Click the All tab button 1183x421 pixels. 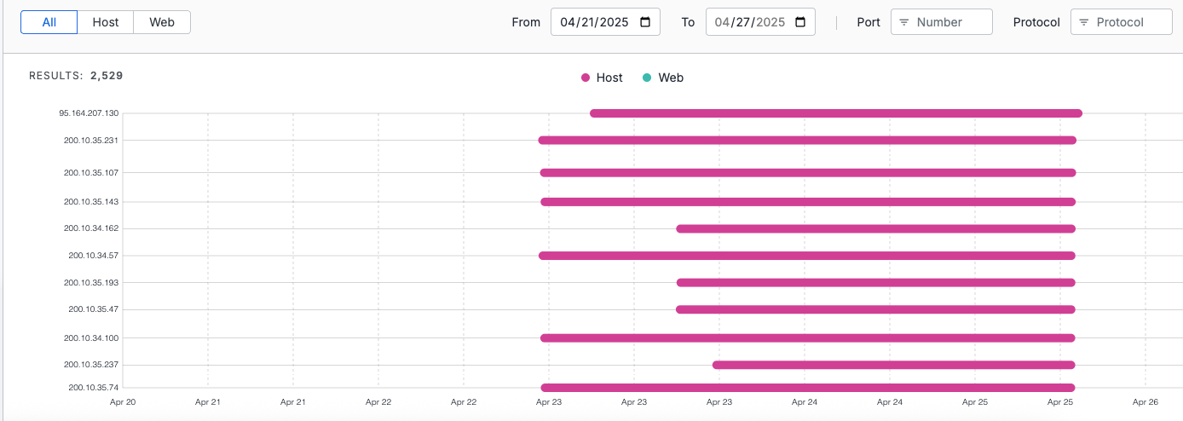[x=49, y=22]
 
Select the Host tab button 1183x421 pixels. [x=106, y=22]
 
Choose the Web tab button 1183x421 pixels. [x=162, y=22]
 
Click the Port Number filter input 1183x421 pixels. [x=942, y=22]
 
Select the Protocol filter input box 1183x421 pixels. [x=1122, y=22]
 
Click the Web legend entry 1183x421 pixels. [x=663, y=78]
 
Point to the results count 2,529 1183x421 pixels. [x=107, y=76]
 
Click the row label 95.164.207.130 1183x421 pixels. [x=89, y=112]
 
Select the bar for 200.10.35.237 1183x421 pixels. [x=893, y=365]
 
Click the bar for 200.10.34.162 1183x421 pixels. [x=875, y=228]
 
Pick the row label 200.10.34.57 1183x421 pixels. [x=94, y=255]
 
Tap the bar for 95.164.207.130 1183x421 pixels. [x=835, y=113]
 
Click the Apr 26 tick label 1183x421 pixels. [x=1145, y=401]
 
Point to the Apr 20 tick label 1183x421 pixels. [x=123, y=401]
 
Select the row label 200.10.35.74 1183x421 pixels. [x=94, y=387]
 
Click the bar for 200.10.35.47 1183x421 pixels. [x=875, y=309]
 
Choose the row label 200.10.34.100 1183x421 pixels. [x=91, y=337]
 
